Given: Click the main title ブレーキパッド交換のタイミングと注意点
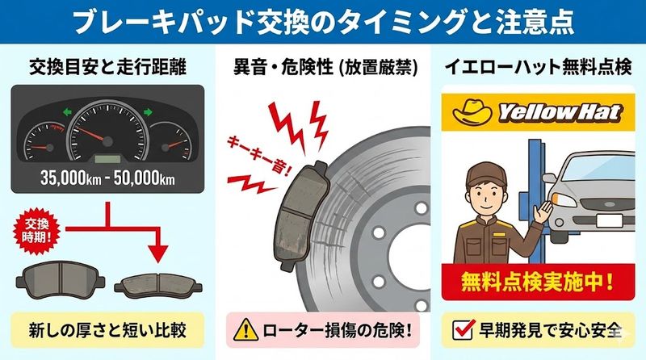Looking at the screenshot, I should pyautogui.click(x=323, y=21).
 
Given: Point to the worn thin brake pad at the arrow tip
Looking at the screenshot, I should pyautogui.click(x=157, y=283).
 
